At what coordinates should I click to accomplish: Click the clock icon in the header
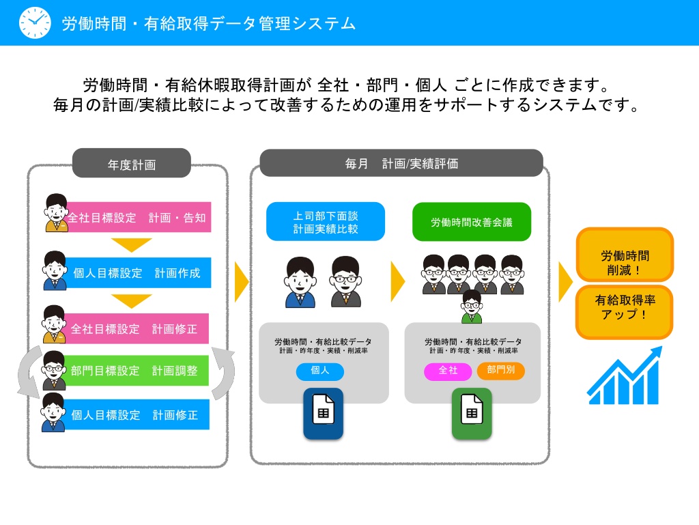pyautogui.click(x=35, y=23)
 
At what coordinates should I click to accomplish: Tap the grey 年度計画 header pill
pyautogui.click(x=132, y=163)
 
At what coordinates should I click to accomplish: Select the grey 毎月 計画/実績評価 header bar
pyautogui.click(x=401, y=163)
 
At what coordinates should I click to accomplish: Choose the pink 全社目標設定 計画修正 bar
pyautogui.click(x=137, y=328)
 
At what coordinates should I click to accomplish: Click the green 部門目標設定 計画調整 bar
pyautogui.click(x=137, y=370)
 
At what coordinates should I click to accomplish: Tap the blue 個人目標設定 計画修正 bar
pyautogui.click(x=137, y=414)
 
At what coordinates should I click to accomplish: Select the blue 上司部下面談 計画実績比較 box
pyautogui.click(x=326, y=221)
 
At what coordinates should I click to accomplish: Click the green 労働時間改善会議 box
pyautogui.click(x=472, y=222)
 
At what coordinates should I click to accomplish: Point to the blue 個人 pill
pyautogui.click(x=320, y=371)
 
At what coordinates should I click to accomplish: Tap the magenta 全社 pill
pyautogui.click(x=448, y=371)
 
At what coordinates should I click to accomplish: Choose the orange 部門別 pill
pyautogui.click(x=500, y=370)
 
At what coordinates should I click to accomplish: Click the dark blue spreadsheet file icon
pyautogui.click(x=323, y=414)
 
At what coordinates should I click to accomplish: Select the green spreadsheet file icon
pyautogui.click(x=472, y=414)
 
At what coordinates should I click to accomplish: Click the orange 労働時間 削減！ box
pyautogui.click(x=625, y=255)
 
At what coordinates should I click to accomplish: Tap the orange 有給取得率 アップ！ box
pyautogui.click(x=625, y=312)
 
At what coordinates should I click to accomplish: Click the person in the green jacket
pyautogui.click(x=472, y=307)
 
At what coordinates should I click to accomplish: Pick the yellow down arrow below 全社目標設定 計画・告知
pyautogui.click(x=132, y=244)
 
